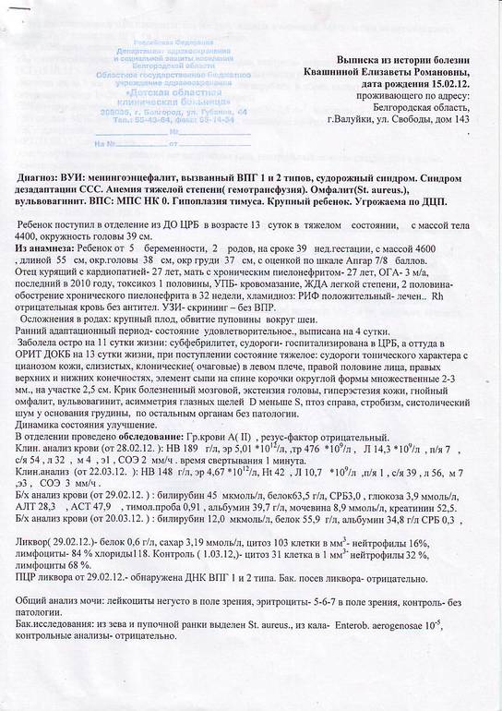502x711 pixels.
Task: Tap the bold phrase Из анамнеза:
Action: coord(50,249)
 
